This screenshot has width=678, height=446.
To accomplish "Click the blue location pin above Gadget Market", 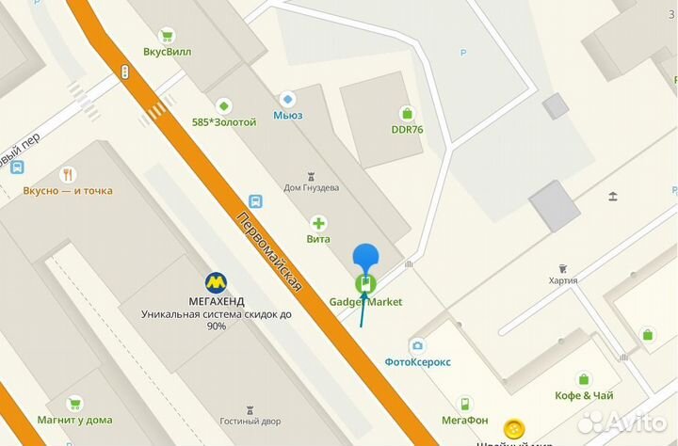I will coord(365,256).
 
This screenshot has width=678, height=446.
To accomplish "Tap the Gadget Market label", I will coord(365,302).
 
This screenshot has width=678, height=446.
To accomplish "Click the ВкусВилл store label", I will coord(168,52).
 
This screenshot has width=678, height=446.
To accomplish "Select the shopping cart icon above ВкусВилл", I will coord(167,36).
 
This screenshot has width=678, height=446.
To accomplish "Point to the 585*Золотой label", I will coord(223,121).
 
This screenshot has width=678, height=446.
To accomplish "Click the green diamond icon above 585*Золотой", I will coord(223,104).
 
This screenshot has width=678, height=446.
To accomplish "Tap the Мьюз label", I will coord(288,115).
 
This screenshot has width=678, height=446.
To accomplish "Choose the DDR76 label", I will coord(407,129).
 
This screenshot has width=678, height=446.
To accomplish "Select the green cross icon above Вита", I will coord(319,223).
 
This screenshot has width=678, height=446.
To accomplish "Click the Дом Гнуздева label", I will coord(311,187).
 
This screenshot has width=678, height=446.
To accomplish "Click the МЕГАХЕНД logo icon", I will coord(216,281).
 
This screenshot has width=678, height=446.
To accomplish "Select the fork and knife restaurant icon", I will coord(68,174).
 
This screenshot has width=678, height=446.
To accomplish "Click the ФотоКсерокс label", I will coord(417,361).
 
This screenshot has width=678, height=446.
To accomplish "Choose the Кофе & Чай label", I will coord(585,395).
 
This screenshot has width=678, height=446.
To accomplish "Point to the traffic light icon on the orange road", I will coord(124,72).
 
